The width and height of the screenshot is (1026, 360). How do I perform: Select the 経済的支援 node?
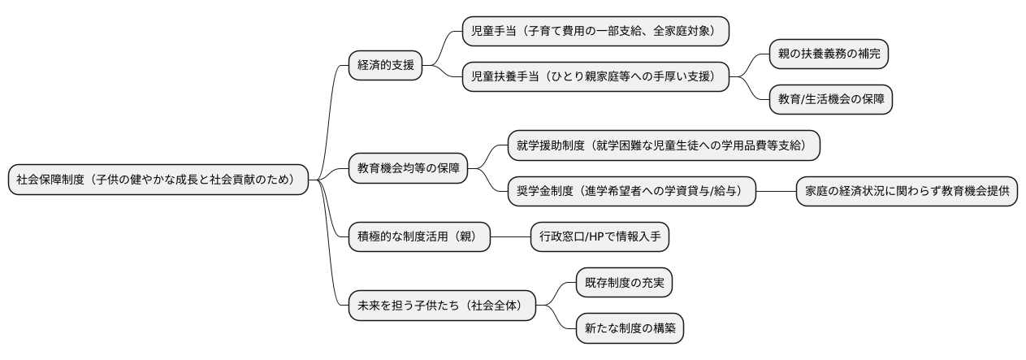click(385, 65)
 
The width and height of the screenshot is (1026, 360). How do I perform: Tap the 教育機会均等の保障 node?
click(408, 169)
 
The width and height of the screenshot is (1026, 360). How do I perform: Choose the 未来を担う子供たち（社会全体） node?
click(442, 306)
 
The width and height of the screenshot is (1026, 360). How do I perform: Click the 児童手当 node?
click(595, 31)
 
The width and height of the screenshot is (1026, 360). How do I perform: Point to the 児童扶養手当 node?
click(595, 76)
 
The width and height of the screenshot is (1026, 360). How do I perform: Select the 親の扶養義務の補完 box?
click(829, 54)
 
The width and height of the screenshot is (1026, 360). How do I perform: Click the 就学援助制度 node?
click(663, 145)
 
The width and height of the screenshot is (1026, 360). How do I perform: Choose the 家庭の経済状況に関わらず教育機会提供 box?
click(906, 192)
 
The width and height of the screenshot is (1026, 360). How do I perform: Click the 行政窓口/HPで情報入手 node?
click(600, 236)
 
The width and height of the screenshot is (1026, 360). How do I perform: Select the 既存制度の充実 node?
click(624, 283)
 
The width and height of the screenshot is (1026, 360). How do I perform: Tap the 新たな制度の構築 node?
click(630, 328)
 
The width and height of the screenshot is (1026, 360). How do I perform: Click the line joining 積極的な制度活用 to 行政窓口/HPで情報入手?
click(510, 236)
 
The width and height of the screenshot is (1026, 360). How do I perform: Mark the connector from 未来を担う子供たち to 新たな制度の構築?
click(561, 319)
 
